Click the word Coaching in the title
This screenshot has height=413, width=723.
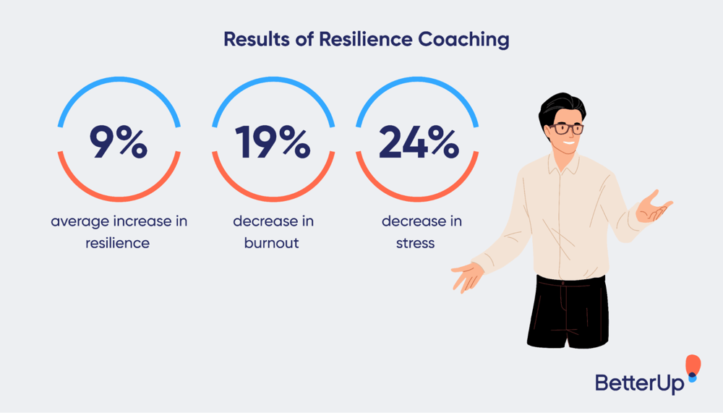(x=463, y=39)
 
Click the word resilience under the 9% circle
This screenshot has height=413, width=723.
(x=118, y=242)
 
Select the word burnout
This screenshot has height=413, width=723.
(x=273, y=242)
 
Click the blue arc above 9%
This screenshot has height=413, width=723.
(x=119, y=81)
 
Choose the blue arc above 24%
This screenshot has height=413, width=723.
(x=419, y=81)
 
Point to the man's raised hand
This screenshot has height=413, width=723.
(x=655, y=206)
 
